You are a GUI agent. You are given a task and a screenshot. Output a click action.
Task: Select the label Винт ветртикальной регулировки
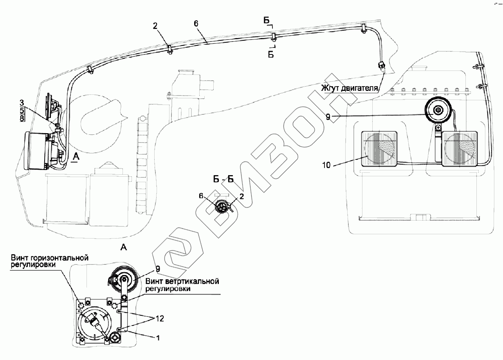tap(182, 285)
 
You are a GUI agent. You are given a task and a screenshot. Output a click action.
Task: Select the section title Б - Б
tap(223, 179)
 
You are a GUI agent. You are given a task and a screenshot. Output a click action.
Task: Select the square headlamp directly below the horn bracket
tap(460, 149)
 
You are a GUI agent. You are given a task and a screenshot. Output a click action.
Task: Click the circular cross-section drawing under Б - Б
tap(222, 207)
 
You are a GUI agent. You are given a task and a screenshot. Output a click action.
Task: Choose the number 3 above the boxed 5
tap(22, 103)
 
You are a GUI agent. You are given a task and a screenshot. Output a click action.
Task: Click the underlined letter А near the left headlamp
tap(76, 156)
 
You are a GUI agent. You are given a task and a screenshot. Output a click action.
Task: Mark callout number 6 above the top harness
tap(196, 24)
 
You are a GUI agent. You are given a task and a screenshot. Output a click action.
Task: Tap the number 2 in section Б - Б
tap(242, 198)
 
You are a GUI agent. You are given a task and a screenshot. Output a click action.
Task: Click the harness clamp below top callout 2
tap(170, 50)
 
